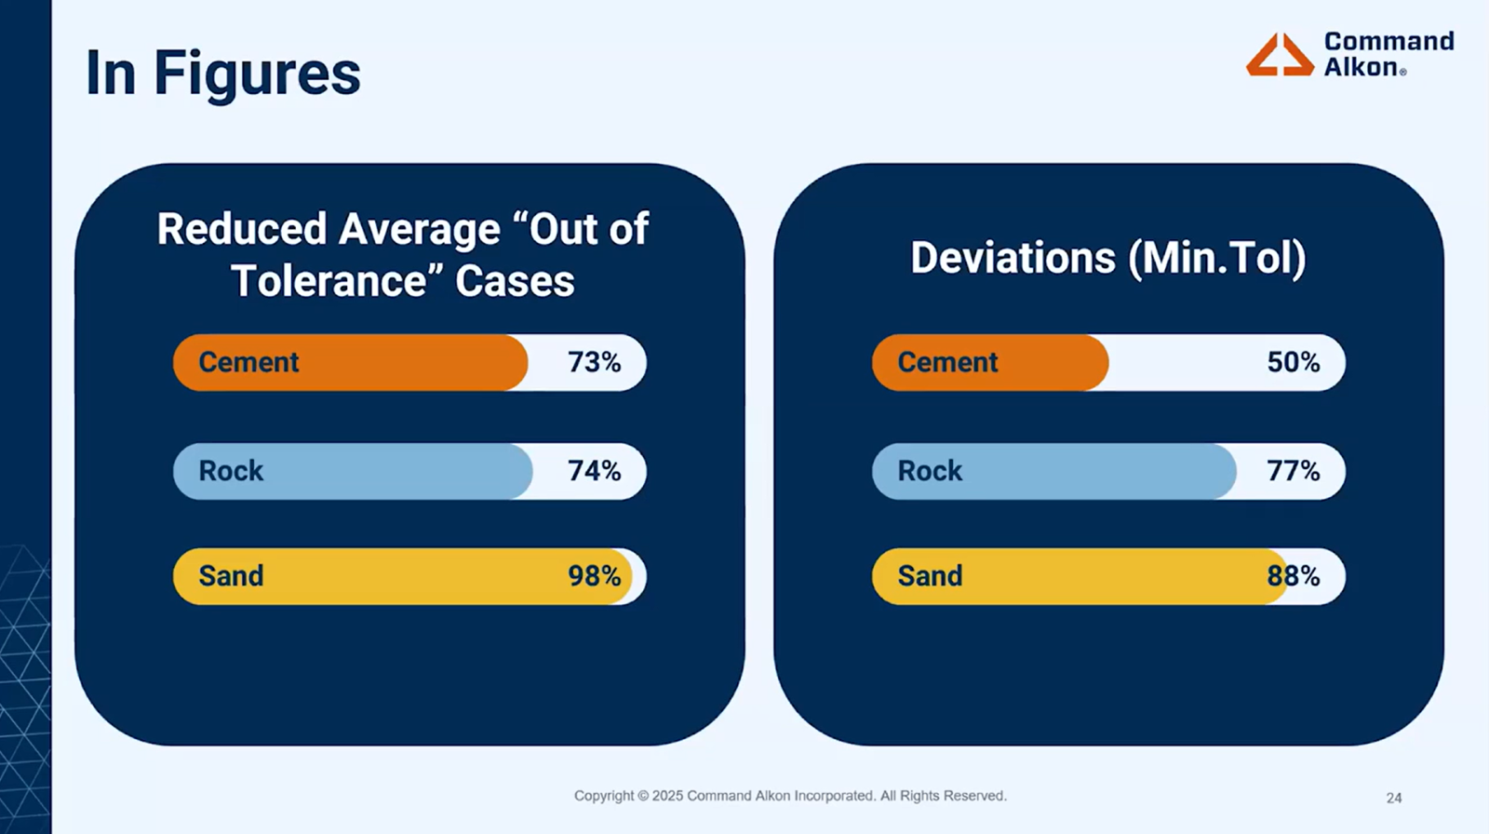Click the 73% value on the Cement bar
594,362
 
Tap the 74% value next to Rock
594,471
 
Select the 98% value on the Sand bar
594,576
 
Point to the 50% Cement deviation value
1293,362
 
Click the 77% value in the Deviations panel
1293,471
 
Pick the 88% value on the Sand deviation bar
1293,576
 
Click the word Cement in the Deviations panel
946,362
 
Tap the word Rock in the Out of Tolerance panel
231,471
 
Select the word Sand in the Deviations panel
929,576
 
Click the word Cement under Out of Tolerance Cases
248,362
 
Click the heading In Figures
222,74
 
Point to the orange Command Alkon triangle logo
1280,55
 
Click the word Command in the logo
1388,42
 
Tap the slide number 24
1393,798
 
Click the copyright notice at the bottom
790,796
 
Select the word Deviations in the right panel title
1013,258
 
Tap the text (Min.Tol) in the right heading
1216,258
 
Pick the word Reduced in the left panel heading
241,229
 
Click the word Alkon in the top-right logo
1361,67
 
